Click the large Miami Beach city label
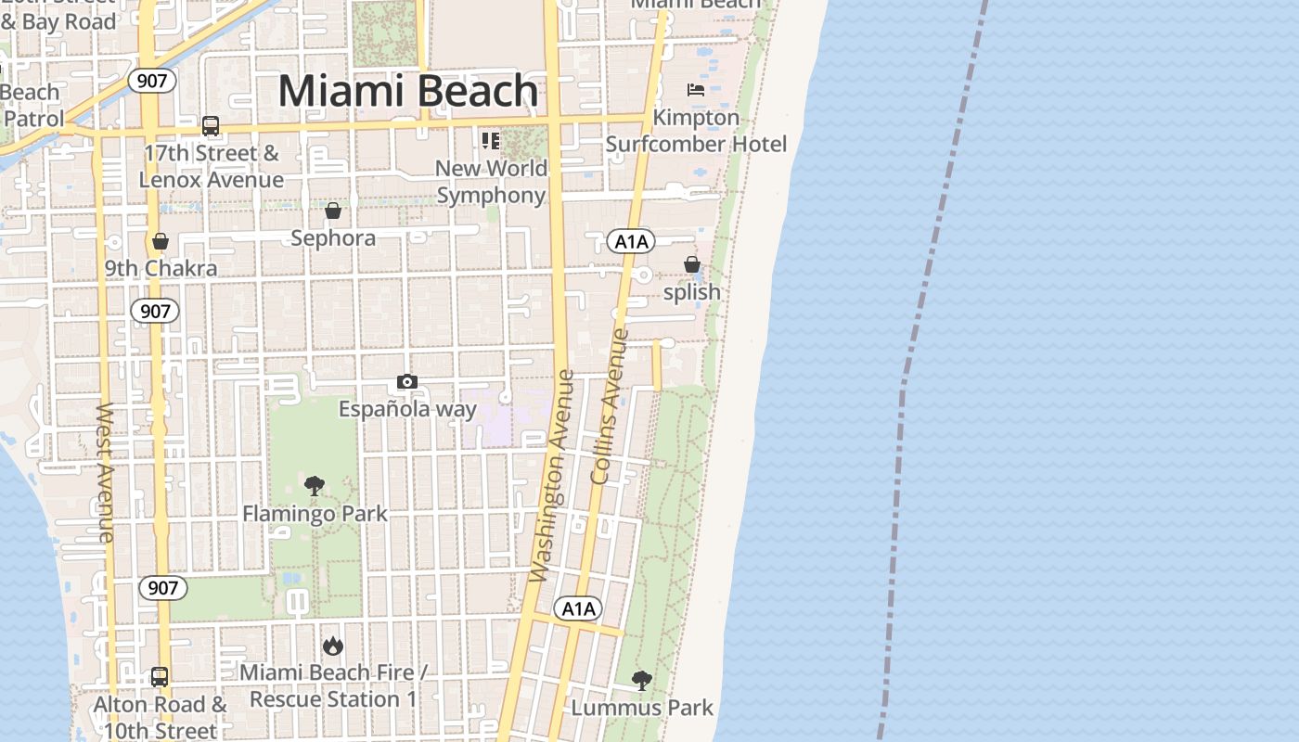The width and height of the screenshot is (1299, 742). [408, 91]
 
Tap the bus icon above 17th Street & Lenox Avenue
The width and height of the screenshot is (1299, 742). [211, 126]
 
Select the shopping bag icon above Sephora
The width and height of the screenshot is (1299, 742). [333, 211]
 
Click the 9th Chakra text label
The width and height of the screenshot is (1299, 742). [161, 269]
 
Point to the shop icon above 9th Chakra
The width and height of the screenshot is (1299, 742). [161, 242]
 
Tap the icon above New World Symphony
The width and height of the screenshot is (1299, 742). [490, 141]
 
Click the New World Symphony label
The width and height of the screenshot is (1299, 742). [492, 182]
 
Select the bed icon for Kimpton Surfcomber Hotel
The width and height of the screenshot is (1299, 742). [696, 90]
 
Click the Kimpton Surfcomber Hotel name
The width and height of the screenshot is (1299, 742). [696, 131]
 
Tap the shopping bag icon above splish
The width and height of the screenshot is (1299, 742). [692, 265]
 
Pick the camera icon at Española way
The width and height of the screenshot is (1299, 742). [406, 382]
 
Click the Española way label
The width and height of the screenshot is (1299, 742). [407, 409]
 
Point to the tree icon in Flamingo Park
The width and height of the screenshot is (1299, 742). [315, 486]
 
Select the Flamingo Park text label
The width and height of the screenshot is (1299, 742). [315, 514]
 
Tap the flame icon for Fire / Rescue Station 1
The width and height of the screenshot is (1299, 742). [333, 646]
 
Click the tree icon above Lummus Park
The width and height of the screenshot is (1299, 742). [641, 681]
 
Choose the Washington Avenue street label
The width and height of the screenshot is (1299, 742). [553, 477]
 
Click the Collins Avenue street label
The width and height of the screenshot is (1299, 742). [610, 406]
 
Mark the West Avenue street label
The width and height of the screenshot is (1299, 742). [105, 472]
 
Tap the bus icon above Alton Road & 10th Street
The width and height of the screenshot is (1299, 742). [160, 677]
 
